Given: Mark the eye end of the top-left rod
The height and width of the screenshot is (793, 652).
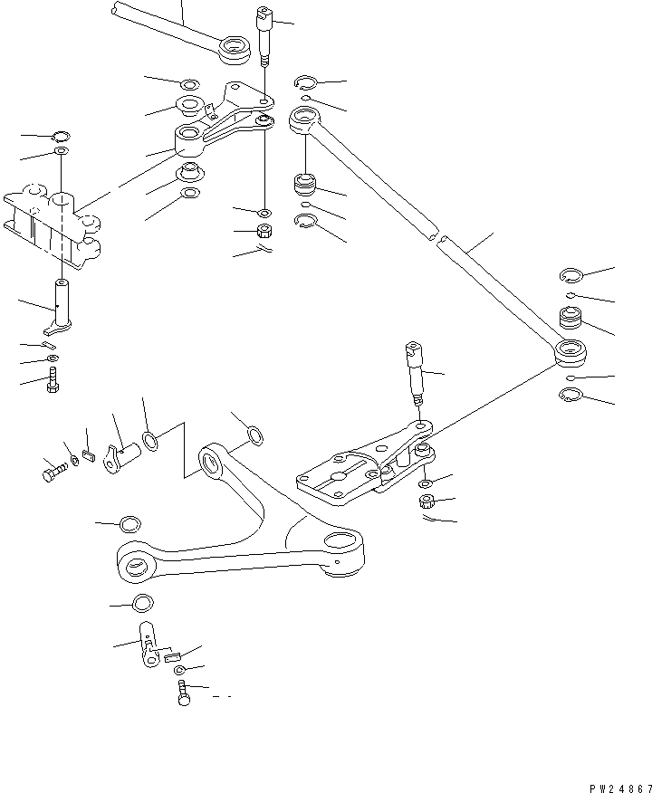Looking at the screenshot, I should (x=235, y=46).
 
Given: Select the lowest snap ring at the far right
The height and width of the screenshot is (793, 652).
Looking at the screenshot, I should (x=569, y=395).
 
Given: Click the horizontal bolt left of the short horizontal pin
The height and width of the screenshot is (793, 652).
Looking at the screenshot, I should (x=53, y=471).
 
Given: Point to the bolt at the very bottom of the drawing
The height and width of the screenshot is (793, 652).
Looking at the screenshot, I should (x=184, y=695).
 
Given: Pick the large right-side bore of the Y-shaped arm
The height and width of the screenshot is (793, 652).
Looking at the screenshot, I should (x=346, y=543).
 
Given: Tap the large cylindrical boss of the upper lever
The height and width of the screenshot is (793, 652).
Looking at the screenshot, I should (x=191, y=139).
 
